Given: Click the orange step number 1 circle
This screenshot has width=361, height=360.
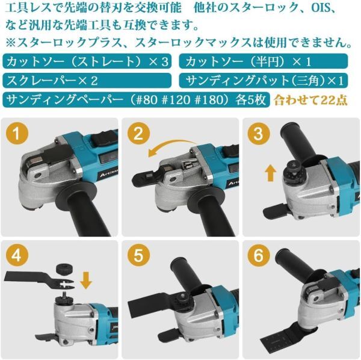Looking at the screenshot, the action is coord(17,133).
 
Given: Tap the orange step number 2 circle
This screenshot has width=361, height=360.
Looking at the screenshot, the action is coord(138,133).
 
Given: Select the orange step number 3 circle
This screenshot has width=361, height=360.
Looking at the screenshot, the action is coord(258,133).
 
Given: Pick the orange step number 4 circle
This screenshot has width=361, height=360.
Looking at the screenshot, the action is coord(17,256).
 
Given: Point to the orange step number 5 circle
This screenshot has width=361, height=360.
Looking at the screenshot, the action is coord(138,256).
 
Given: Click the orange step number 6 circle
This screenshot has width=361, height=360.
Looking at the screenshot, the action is coord(258,256).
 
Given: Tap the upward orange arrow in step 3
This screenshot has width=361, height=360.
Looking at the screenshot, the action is coord(271,173).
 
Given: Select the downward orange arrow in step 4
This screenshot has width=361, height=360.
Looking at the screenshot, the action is coord(86,280).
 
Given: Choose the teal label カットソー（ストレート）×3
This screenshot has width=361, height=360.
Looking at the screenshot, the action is coord(87,61).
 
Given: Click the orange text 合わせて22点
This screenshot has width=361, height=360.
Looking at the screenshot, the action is coord(310,100).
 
